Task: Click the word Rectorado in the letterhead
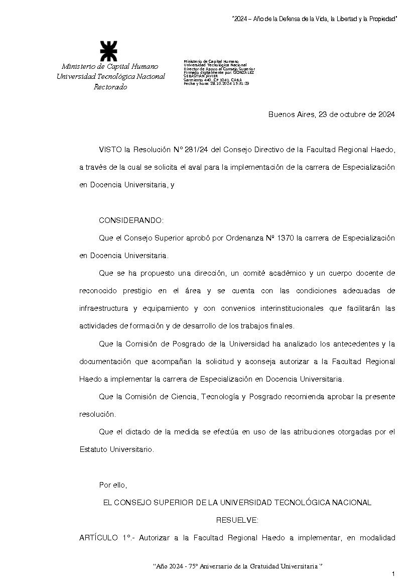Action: pyautogui.click(x=110, y=87)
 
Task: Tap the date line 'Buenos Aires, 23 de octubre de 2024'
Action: pyautogui.click(x=331, y=114)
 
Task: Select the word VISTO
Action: pyautogui.click(x=110, y=150)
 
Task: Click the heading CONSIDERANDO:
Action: pyautogui.click(x=131, y=220)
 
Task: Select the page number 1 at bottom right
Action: pyautogui.click(x=393, y=573)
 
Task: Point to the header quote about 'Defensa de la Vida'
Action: pyautogui.click(x=314, y=19)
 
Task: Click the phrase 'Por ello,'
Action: pyautogui.click(x=113, y=485)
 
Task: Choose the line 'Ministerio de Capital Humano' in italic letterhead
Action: pyautogui.click(x=110, y=66)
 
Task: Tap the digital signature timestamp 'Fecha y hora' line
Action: pyautogui.click(x=216, y=83)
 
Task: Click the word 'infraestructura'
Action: pyautogui.click(x=103, y=308)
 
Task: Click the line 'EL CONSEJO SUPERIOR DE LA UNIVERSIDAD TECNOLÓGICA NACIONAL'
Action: pyautogui.click(x=237, y=502)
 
